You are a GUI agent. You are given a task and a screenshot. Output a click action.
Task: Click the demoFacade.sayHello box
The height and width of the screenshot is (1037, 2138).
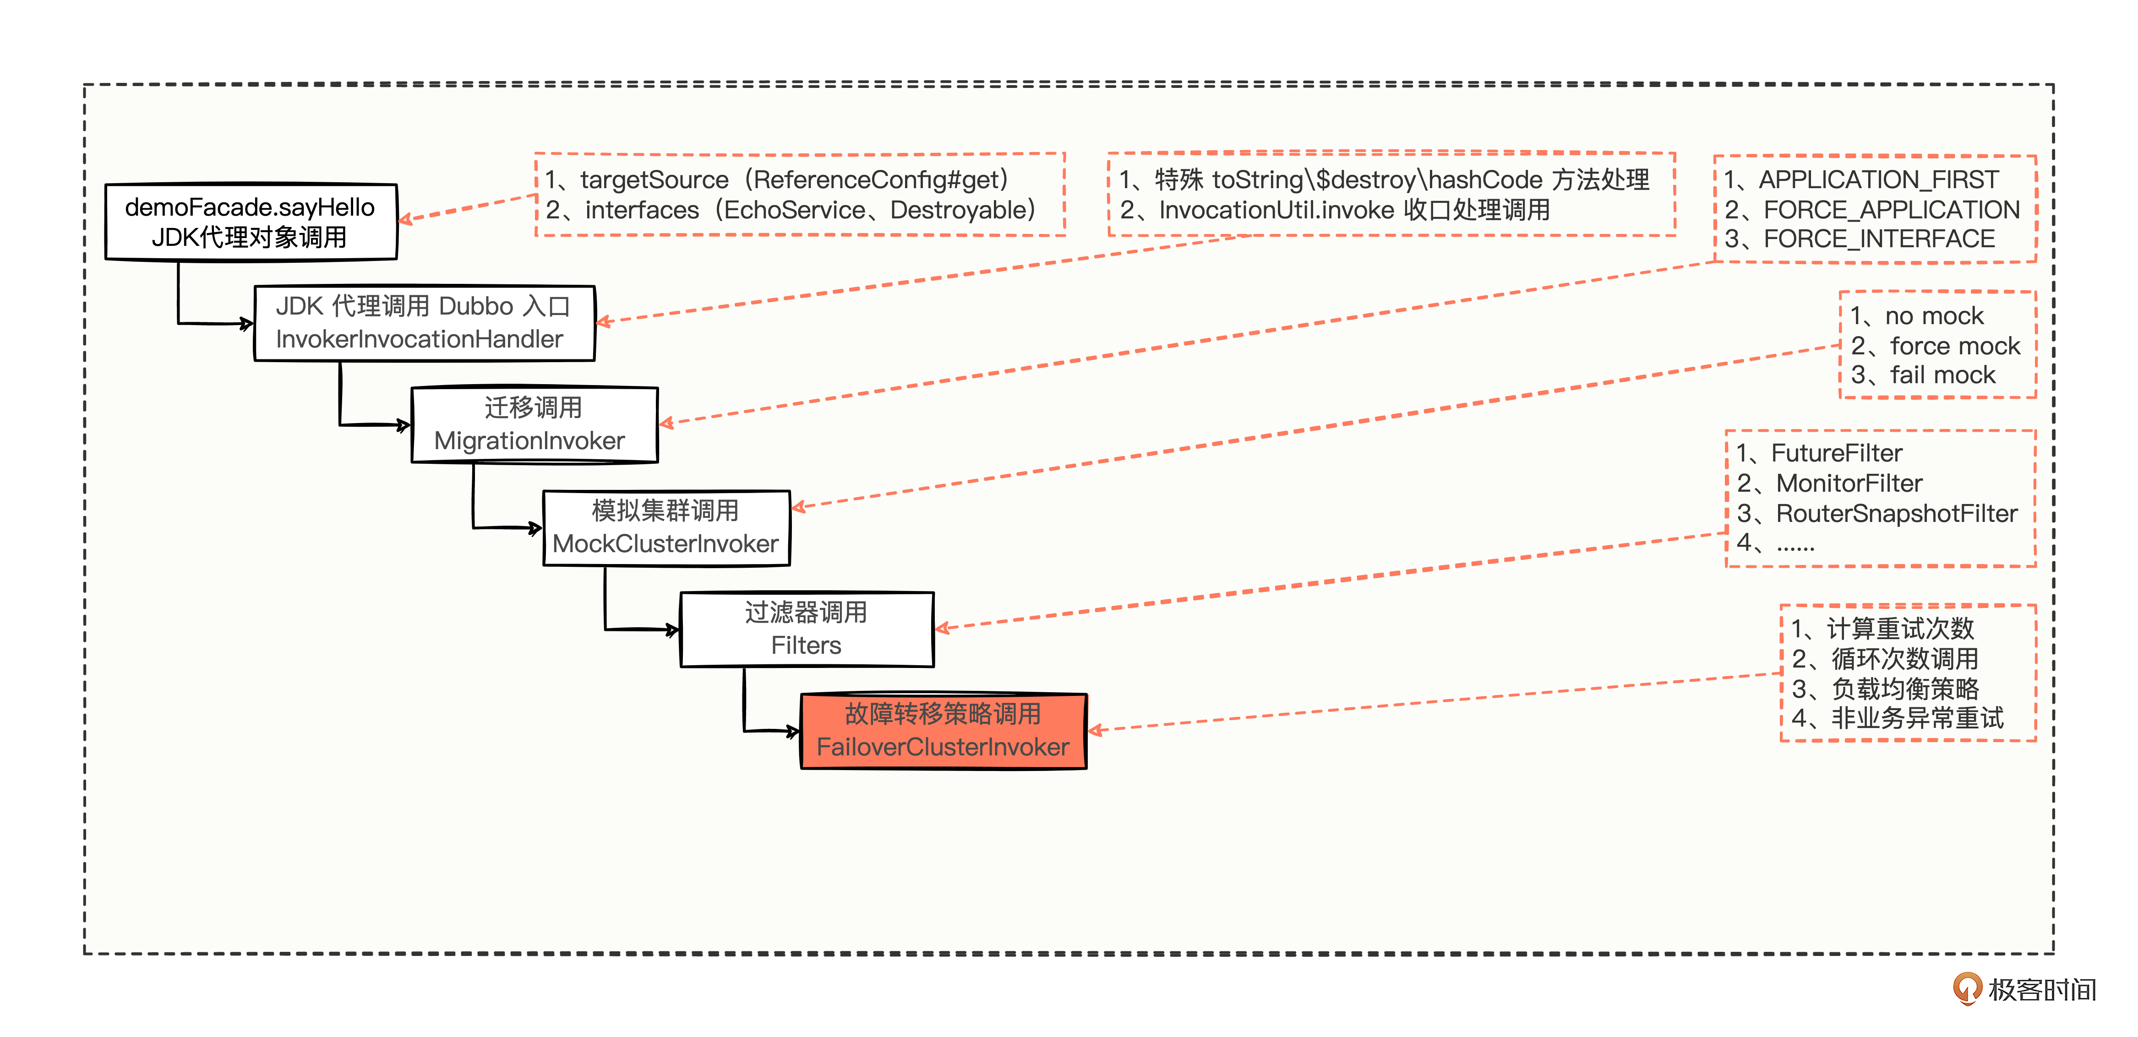tap(251, 222)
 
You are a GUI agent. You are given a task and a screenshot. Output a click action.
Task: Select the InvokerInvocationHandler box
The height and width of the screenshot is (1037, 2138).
tap(424, 323)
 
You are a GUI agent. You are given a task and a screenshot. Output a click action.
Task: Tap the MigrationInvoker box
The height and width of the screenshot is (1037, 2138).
tap(534, 424)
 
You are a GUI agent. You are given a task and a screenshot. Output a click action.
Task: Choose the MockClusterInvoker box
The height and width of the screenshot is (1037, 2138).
tap(665, 527)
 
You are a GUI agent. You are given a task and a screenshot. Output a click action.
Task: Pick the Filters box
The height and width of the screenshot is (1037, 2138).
tap(806, 629)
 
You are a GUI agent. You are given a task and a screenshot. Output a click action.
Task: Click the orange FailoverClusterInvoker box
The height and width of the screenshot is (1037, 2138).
tap(943, 731)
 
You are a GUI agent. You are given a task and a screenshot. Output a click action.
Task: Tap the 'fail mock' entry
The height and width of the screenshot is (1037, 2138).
tap(1942, 375)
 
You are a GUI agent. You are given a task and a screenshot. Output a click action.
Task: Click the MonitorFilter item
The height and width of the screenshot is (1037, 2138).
tap(1849, 483)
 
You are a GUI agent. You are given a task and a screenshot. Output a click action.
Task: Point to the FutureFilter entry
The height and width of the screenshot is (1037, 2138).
tap(1836, 453)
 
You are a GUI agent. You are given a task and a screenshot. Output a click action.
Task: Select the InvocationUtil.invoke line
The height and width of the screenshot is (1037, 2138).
tap(1353, 210)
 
